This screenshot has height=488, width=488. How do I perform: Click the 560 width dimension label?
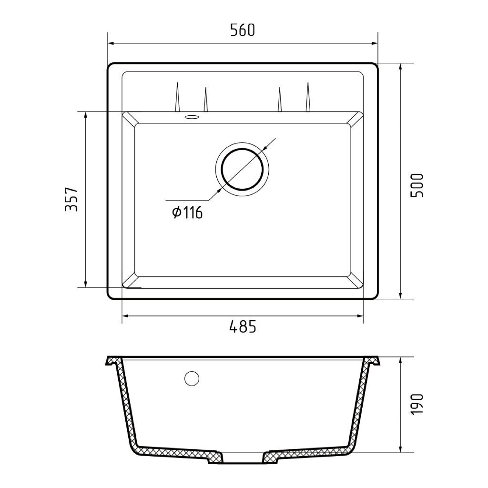243,30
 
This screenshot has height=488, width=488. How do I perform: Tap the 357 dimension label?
71,200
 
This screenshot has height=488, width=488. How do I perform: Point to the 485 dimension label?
243,326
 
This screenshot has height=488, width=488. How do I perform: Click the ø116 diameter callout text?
187,213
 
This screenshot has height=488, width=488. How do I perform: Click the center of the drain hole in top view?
242,169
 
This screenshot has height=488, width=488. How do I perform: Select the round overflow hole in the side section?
192,378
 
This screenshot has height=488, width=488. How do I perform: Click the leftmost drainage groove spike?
177,97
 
